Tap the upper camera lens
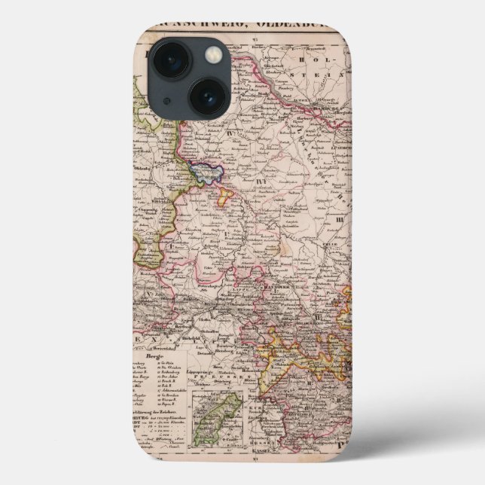click(x=172, y=59)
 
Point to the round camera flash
click(x=215, y=54)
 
